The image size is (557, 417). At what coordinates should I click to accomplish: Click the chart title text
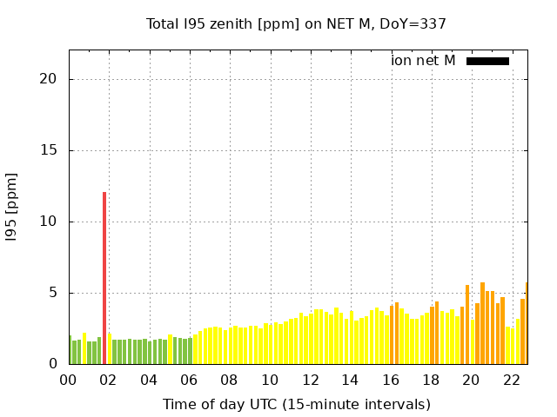[296, 23]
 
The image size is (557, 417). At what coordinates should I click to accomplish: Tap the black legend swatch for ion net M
[487, 61]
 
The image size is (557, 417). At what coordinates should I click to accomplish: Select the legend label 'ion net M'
[423, 61]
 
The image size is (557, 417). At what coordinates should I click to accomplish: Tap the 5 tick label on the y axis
[53, 293]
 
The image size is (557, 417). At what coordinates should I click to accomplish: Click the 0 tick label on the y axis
[53, 364]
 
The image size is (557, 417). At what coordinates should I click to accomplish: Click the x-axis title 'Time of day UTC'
[297, 404]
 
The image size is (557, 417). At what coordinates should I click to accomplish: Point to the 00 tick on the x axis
[68, 380]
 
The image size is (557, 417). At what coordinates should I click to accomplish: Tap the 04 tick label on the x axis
[149, 380]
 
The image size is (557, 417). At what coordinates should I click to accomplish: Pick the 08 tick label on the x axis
[229, 380]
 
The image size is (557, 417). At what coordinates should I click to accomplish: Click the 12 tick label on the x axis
[310, 380]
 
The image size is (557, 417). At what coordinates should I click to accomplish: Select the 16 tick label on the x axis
[391, 380]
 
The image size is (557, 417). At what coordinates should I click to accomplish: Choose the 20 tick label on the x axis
[471, 380]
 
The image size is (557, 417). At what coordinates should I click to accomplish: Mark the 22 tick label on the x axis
[512, 380]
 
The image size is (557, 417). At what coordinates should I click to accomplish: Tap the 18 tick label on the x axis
[431, 380]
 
